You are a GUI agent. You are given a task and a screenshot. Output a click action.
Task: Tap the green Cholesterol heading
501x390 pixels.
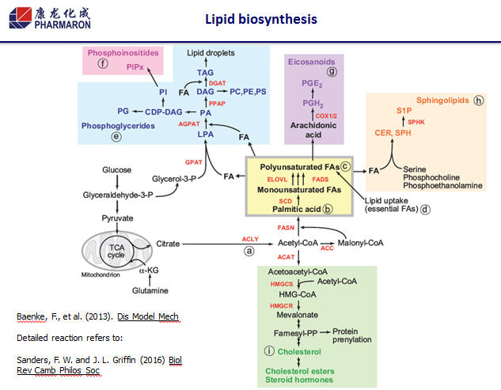tap(302, 350)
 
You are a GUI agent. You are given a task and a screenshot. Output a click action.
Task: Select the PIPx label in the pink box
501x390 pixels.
tap(134, 68)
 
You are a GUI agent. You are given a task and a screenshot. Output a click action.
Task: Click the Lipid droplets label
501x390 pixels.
tap(209, 53)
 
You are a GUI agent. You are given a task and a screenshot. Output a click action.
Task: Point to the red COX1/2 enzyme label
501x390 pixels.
tap(326, 115)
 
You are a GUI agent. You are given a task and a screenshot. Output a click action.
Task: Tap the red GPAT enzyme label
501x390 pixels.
tap(195, 161)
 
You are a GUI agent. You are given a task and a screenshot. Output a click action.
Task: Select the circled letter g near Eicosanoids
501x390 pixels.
tap(332, 72)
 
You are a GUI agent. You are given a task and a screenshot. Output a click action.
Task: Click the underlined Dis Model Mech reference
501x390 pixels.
tap(148, 316)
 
